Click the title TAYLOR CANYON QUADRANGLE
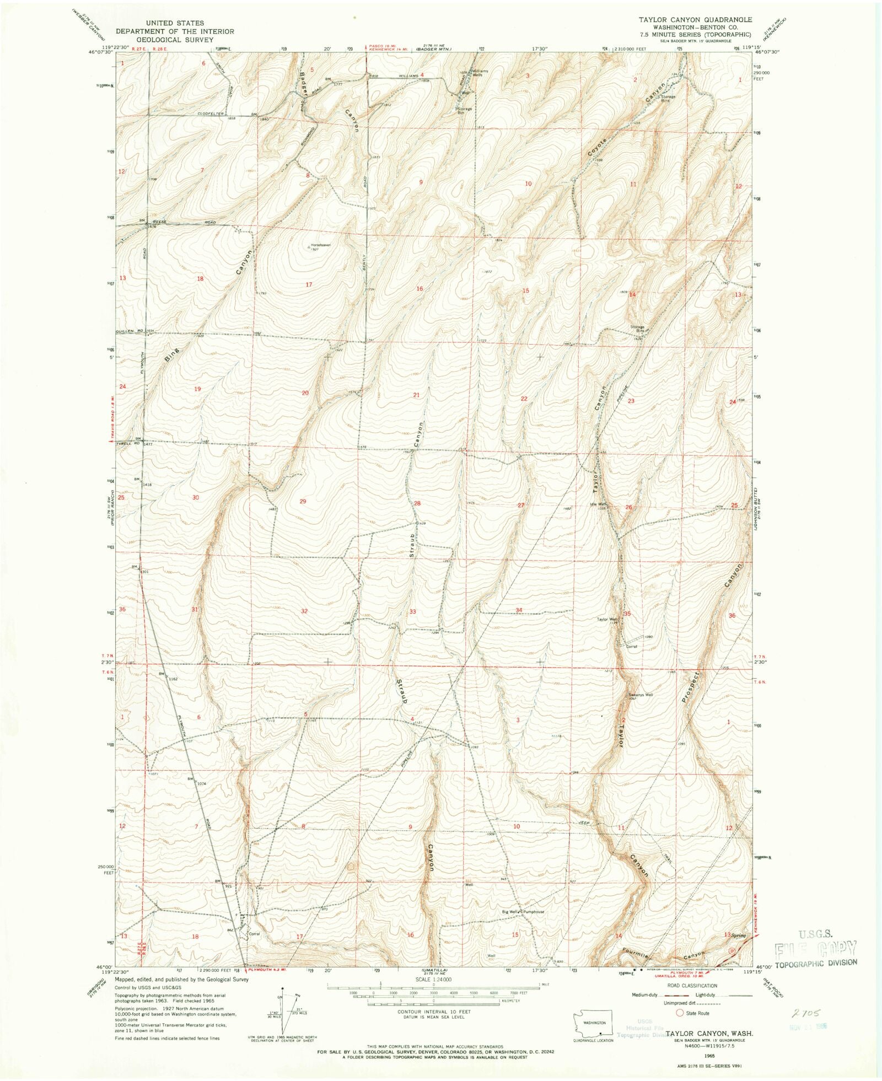click(x=695, y=19)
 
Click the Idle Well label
click(x=598, y=504)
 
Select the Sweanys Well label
click(x=641, y=695)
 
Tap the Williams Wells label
click(x=478, y=73)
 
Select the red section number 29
click(x=302, y=501)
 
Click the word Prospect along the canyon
click(x=690, y=687)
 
